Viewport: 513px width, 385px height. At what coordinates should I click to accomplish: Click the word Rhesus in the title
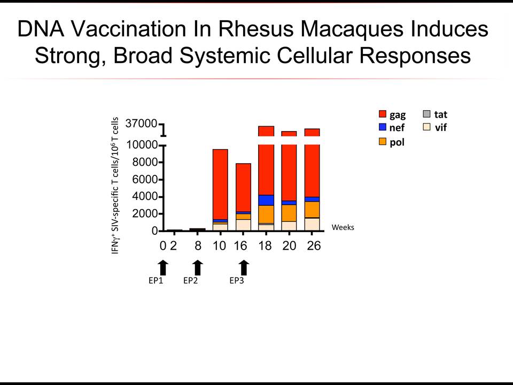click(x=256, y=29)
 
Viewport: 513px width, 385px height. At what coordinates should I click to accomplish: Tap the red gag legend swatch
click(x=383, y=114)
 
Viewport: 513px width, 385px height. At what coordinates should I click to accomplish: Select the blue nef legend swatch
click(x=383, y=127)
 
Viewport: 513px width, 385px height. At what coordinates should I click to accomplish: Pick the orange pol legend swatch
click(x=383, y=141)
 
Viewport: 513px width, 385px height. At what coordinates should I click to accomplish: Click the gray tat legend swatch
click(x=426, y=114)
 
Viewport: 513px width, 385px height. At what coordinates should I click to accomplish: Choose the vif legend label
click(x=441, y=127)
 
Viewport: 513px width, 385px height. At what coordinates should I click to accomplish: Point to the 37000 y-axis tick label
click(x=141, y=124)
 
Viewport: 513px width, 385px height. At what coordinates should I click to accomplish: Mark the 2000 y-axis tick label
click(x=145, y=213)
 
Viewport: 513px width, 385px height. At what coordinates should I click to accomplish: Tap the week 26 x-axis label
click(x=314, y=245)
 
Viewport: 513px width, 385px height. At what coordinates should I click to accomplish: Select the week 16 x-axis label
click(x=240, y=245)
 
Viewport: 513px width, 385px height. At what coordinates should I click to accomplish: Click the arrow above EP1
click(x=164, y=268)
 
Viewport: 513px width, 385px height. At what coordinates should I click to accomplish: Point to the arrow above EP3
click(x=244, y=268)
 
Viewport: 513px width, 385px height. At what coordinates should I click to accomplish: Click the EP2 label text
click(x=190, y=281)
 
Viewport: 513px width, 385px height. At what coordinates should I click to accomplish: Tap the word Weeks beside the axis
click(x=343, y=227)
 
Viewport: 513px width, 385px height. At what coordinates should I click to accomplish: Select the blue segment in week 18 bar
click(x=266, y=201)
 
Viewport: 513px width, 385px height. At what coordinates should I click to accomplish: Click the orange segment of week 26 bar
click(x=312, y=210)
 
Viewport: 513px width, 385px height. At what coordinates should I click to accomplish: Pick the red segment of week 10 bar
click(x=220, y=184)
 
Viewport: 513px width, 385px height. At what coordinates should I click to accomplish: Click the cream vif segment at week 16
click(x=244, y=225)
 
